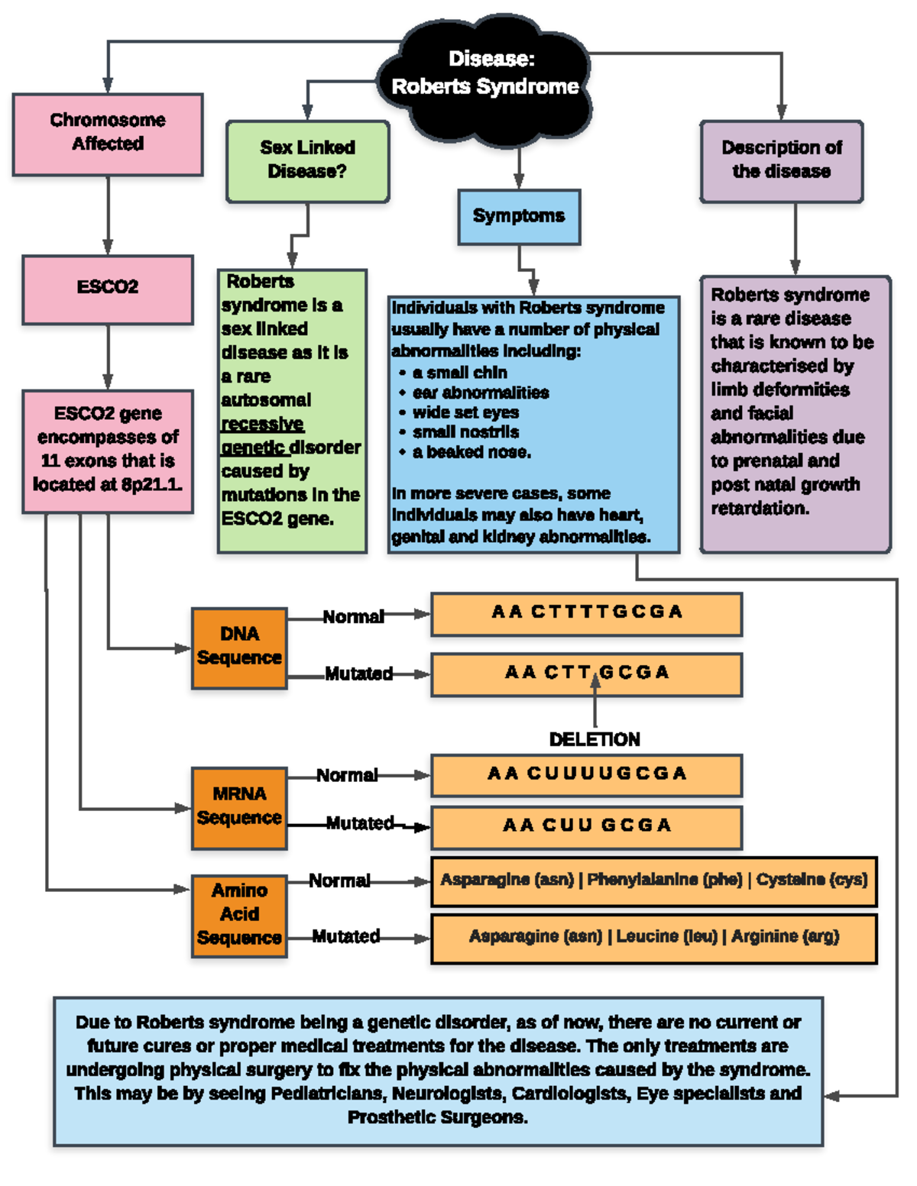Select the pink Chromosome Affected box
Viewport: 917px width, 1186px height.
[x=108, y=134]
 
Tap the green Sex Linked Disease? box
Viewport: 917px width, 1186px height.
[x=307, y=160]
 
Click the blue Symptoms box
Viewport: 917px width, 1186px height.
[x=519, y=217]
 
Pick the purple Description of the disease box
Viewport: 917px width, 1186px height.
[x=781, y=160]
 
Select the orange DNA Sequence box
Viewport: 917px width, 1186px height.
[x=239, y=647]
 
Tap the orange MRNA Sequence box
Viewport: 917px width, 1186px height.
[x=239, y=807]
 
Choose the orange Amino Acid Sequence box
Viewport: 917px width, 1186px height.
[x=239, y=915]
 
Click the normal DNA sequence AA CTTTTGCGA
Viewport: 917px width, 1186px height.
[x=586, y=613]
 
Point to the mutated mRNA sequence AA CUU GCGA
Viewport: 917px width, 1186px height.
[x=586, y=826]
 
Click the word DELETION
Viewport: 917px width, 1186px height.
[x=595, y=740]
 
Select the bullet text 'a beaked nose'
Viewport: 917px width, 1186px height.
[x=471, y=453]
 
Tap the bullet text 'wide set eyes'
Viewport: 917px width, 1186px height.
[x=465, y=413]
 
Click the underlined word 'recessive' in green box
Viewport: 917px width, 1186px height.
[x=262, y=424]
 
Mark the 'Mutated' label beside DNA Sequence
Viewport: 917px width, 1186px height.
[x=358, y=674]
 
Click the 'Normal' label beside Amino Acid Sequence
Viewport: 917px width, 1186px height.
[x=339, y=881]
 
